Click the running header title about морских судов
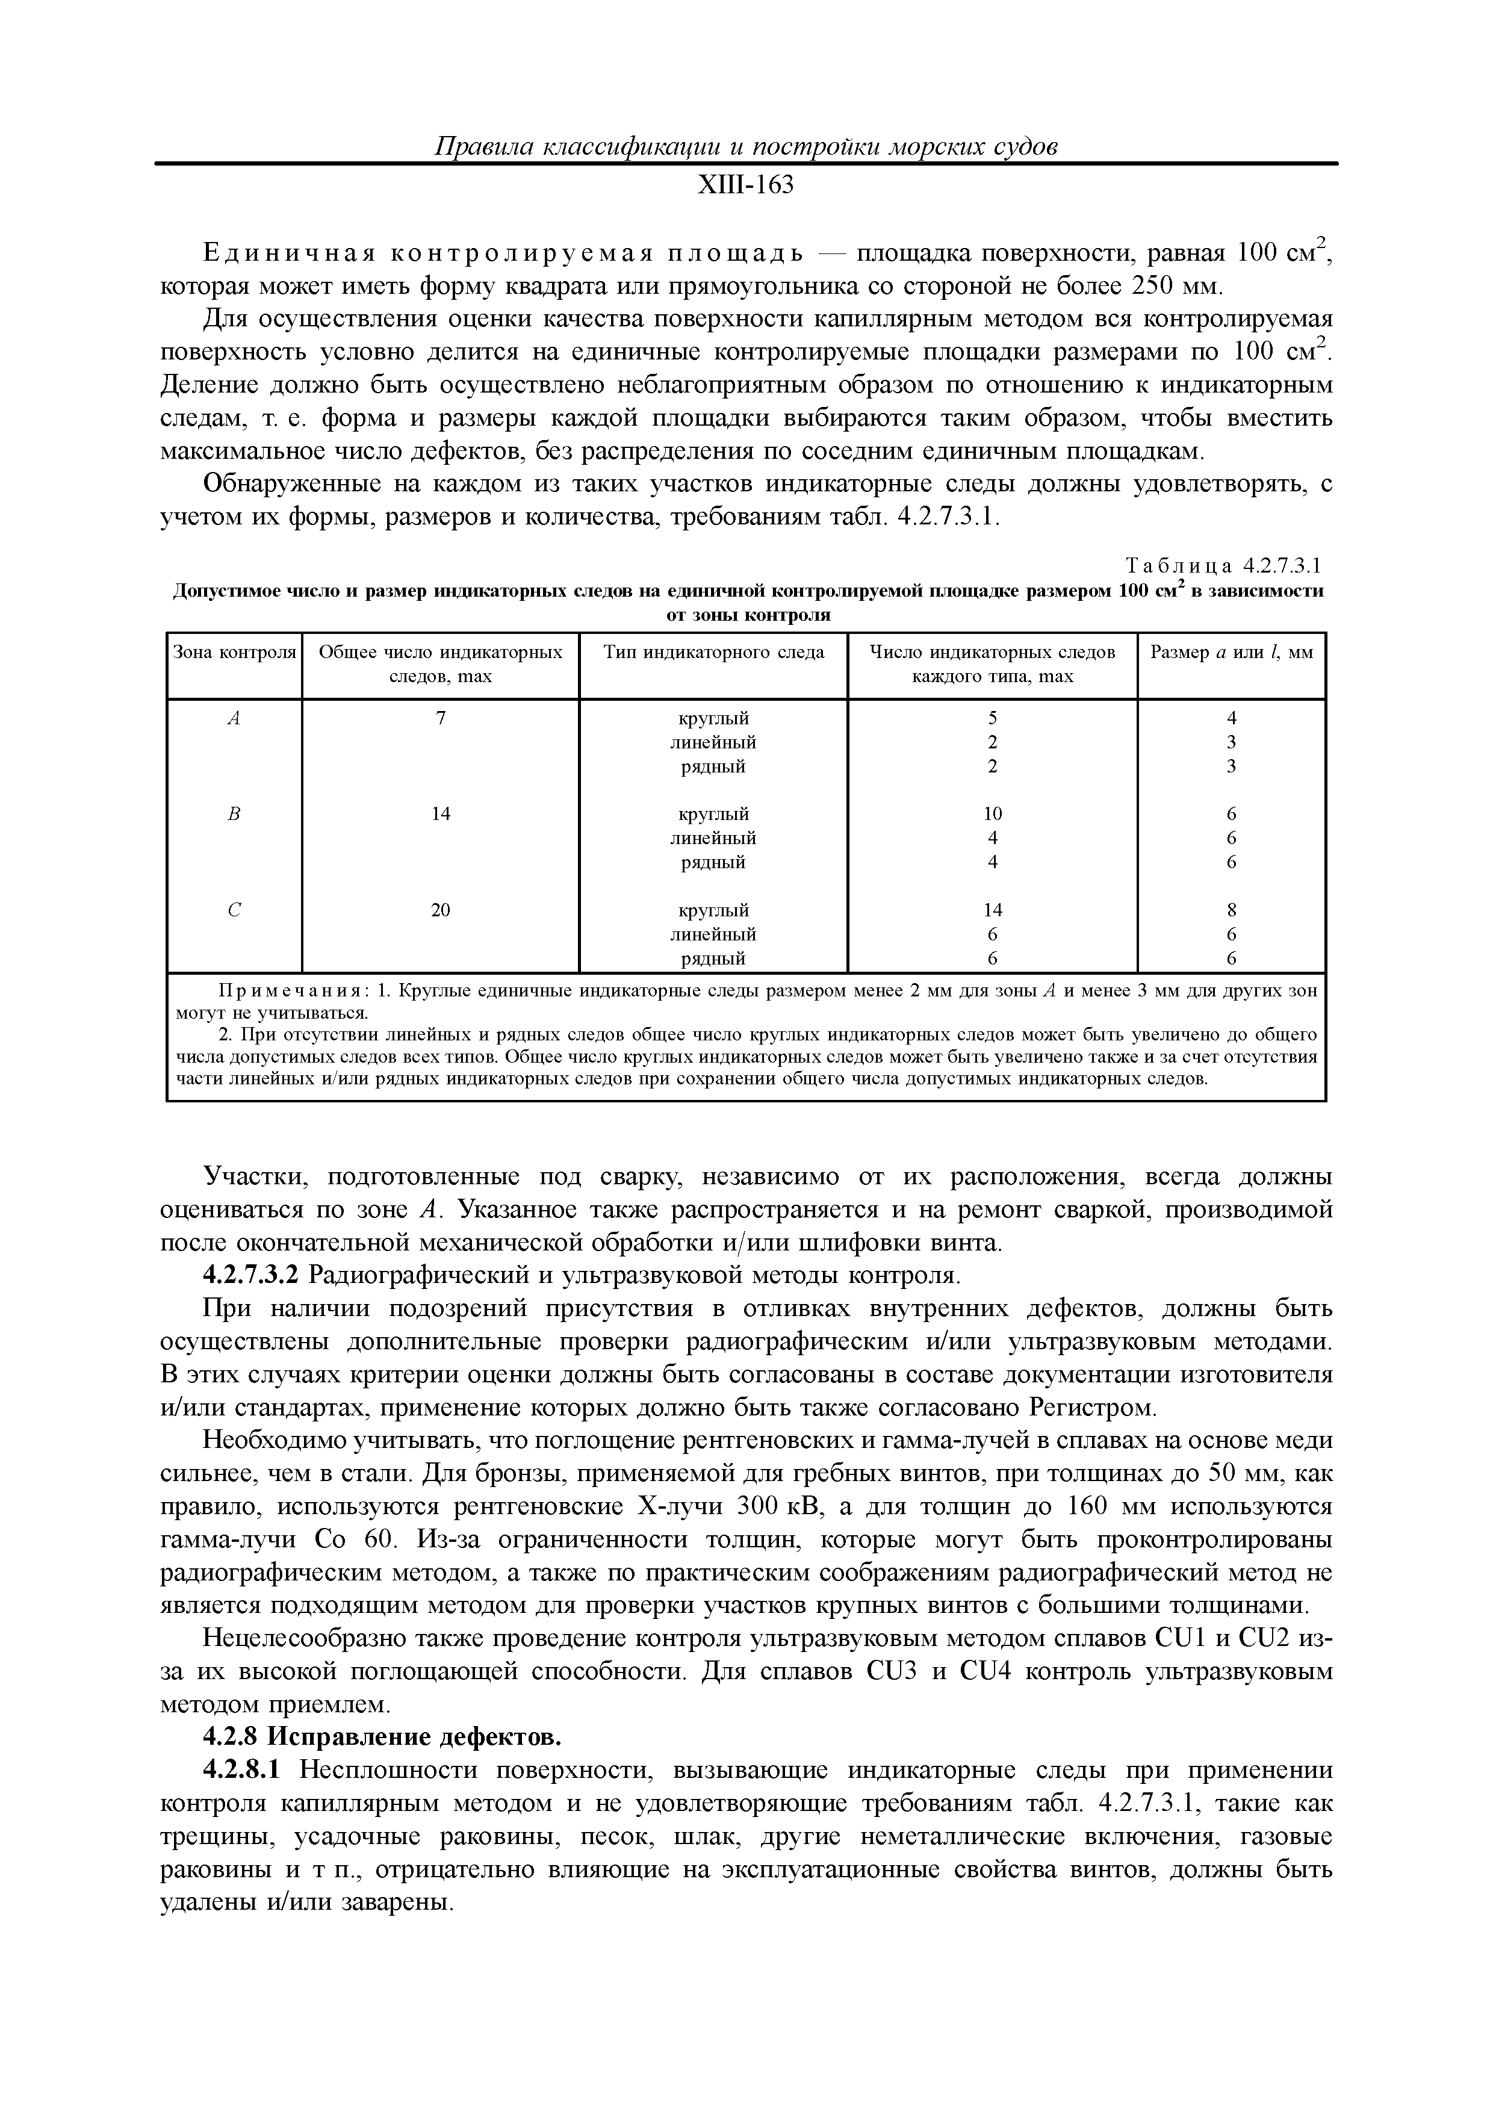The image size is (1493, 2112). [745, 147]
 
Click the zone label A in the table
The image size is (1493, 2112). [234, 718]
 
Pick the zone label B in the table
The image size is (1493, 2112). [234, 814]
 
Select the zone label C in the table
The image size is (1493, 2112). [234, 910]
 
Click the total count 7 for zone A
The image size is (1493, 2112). [441, 718]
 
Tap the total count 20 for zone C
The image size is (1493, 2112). [441, 910]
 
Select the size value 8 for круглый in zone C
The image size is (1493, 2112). [1231, 910]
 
